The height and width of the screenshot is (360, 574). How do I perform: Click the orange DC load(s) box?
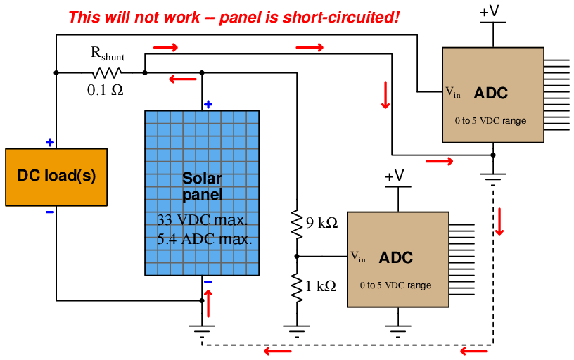tap(56, 177)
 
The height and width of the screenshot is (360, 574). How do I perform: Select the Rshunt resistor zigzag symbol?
tap(106, 73)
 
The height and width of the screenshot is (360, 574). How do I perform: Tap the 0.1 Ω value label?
tap(105, 90)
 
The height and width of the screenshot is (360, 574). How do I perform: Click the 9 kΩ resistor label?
tap(321, 222)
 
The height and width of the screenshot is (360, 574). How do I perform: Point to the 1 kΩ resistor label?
tap(321, 286)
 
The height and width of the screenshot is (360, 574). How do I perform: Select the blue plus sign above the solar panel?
tap(208, 105)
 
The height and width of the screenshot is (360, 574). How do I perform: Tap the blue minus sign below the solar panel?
tap(208, 282)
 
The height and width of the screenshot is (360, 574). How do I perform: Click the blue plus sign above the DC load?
tap(50, 143)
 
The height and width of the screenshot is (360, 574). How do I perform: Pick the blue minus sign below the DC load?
tap(50, 212)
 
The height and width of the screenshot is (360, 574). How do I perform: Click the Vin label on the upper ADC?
tap(453, 92)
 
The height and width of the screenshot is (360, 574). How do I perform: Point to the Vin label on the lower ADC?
tap(358, 257)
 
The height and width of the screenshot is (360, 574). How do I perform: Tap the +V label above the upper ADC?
tap(490, 11)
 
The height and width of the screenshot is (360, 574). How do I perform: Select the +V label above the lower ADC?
tap(395, 176)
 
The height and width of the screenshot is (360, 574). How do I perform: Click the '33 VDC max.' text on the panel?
tap(203, 220)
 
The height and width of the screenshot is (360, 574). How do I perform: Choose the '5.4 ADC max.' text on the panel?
tap(204, 239)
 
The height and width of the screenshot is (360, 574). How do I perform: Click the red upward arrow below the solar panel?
tap(208, 304)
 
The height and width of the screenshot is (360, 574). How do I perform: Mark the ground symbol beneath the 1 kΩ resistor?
tap(297, 331)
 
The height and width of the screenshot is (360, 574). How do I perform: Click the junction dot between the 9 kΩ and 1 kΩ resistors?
tap(297, 257)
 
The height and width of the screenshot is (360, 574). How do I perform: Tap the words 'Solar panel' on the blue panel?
tap(203, 186)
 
